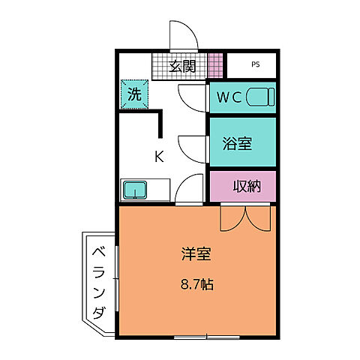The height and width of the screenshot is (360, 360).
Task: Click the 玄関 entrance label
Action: (182, 66)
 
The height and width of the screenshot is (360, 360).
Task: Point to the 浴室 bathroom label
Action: (237, 143)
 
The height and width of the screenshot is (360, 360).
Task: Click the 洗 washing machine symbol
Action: (133, 95)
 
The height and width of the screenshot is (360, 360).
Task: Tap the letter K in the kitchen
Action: (159, 157)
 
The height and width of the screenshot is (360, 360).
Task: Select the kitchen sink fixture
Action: (135, 189)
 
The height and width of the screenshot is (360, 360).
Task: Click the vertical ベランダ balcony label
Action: (99, 281)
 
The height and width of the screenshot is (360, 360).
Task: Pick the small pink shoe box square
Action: (215, 65)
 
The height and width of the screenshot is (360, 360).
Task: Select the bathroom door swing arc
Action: (191, 145)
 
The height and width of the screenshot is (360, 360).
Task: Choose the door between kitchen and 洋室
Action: (190, 190)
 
